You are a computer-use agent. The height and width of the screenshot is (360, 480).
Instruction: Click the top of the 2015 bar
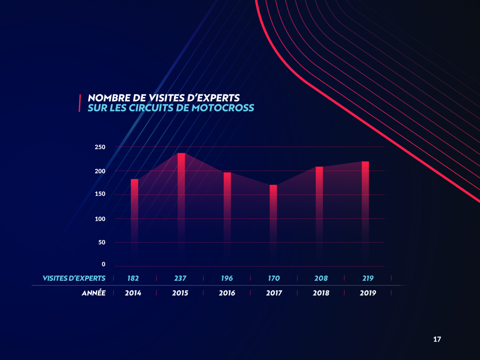point(181,153)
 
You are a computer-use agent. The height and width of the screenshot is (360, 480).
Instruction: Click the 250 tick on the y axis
point(100,147)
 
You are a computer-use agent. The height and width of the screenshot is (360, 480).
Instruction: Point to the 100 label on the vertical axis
point(100,219)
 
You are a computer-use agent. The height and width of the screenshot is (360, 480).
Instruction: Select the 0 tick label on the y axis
point(103,264)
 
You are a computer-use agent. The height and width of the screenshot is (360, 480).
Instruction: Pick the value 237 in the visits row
point(180,278)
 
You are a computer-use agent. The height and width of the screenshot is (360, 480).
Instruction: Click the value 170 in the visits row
point(274,278)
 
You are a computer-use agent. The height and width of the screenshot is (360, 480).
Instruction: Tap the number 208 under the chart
point(321,278)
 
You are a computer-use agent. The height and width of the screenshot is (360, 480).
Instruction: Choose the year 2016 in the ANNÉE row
point(227,293)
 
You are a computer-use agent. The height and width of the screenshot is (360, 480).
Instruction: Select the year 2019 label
point(368,293)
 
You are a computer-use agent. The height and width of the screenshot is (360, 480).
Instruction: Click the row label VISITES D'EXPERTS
point(74,278)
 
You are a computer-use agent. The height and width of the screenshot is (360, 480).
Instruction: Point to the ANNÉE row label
point(93,293)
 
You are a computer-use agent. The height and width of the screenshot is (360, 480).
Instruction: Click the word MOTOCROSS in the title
point(223,108)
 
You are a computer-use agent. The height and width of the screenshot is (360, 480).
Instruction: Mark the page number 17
point(437,339)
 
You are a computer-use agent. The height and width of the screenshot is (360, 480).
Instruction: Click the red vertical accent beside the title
point(80,103)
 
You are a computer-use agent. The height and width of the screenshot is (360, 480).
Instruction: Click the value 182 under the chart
point(133,278)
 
